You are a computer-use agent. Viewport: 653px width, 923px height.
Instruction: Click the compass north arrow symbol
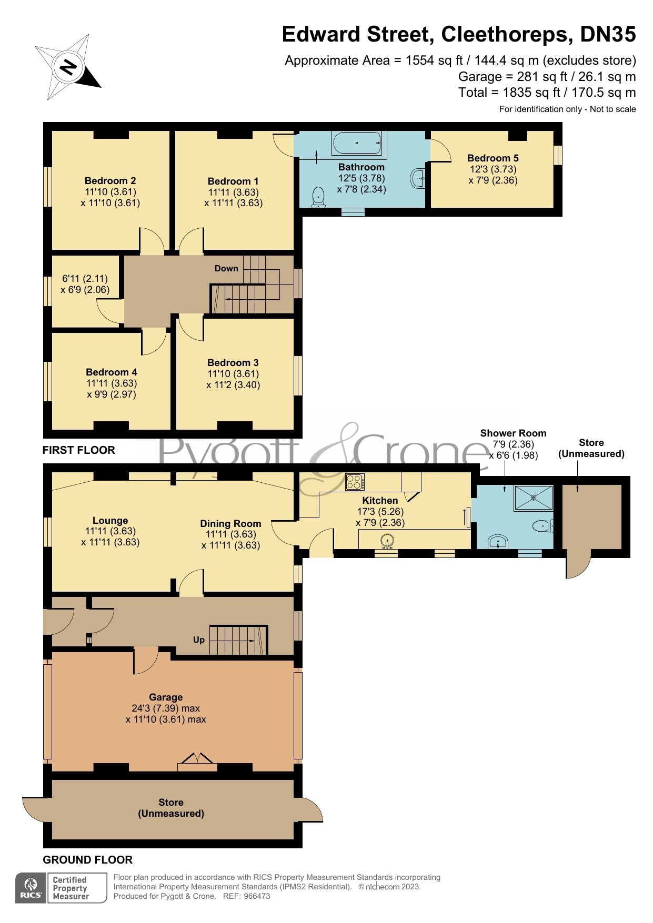[x=68, y=67]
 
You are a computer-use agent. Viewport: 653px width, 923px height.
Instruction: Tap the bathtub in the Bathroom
[x=357, y=143]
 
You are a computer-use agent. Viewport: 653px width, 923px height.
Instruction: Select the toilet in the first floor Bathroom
[x=318, y=197]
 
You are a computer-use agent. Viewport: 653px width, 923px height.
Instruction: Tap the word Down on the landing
[x=226, y=268]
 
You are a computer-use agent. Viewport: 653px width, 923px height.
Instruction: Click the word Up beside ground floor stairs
[x=199, y=640]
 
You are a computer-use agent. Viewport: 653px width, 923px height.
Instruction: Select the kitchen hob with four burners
[x=355, y=482]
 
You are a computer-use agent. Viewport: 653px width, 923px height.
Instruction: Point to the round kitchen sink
[x=388, y=541]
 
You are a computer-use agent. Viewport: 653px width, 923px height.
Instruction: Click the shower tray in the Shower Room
[x=534, y=498]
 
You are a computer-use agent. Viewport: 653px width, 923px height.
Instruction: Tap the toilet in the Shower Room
[x=543, y=526]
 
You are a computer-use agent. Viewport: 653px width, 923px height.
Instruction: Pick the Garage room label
[x=166, y=697]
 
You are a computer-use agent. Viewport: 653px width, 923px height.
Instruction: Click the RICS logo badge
[x=31, y=888]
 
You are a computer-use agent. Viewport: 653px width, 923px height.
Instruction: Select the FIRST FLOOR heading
[x=79, y=450]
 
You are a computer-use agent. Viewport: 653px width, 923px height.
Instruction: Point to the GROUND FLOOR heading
[x=88, y=860]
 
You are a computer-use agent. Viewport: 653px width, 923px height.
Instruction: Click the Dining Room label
[x=230, y=523]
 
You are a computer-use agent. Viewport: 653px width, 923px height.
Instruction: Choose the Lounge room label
[x=110, y=520]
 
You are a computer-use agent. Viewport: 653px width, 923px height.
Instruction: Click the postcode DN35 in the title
[x=608, y=34]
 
